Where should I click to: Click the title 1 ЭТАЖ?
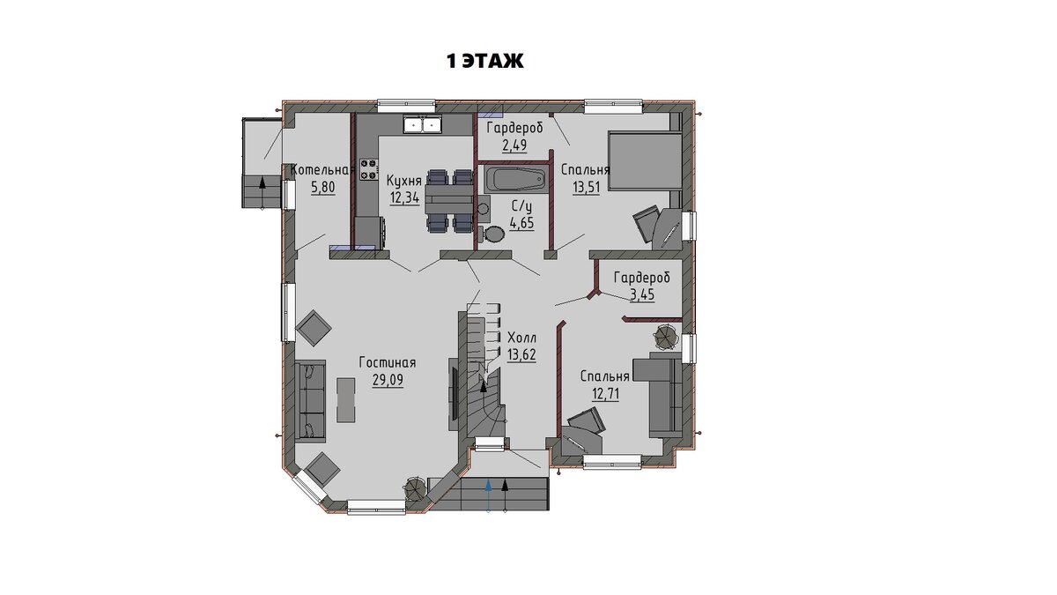(485, 61)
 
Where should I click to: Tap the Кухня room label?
(404, 181)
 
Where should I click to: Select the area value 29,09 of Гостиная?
(388, 380)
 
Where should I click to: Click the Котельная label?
(322, 170)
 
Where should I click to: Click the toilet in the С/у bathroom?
(492, 234)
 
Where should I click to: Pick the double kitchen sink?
(422, 124)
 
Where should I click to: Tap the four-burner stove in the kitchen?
(369, 169)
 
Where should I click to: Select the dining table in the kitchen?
(448, 200)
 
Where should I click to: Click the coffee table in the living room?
(346, 400)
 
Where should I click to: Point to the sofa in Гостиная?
(310, 401)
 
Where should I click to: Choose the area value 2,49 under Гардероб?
(514, 145)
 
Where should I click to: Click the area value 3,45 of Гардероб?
(643, 294)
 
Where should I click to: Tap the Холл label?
(521, 338)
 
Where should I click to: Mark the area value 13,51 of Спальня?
(586, 187)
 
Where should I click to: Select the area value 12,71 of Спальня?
(605, 393)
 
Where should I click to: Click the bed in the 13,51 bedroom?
(645, 161)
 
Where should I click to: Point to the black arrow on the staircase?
(484, 385)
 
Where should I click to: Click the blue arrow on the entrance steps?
(488, 495)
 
